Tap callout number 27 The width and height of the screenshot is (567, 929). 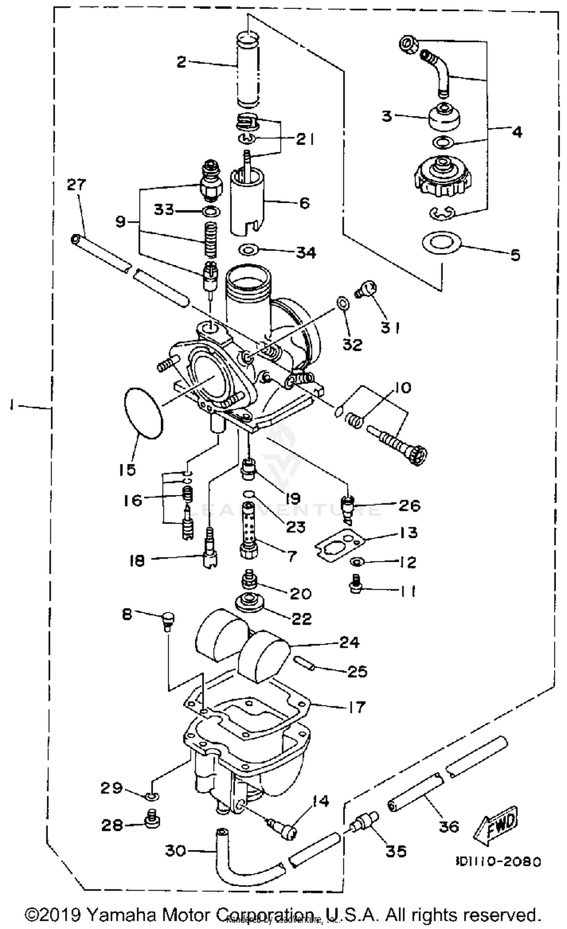(77, 185)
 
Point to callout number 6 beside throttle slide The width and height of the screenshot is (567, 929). (304, 203)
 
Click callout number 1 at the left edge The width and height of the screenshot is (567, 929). (12, 406)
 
